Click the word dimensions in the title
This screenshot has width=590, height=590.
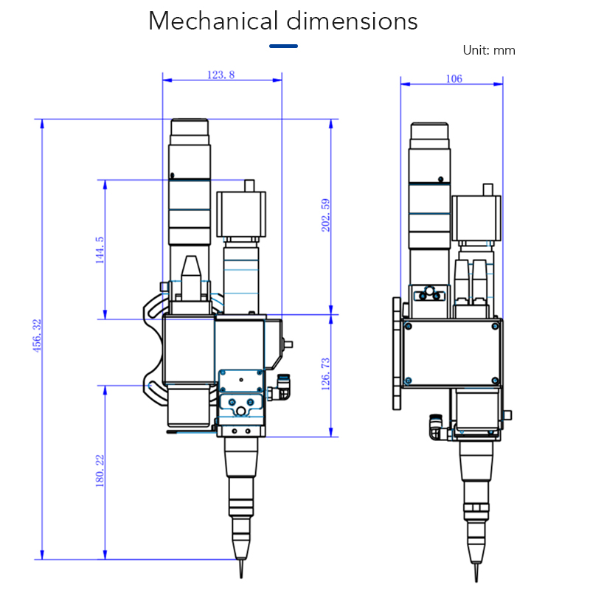click(352, 21)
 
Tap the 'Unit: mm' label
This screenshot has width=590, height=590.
click(488, 51)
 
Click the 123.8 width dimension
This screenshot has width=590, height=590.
click(221, 74)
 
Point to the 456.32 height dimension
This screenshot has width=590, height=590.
click(37, 335)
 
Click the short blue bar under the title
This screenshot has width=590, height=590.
click(283, 46)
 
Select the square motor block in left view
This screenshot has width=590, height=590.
click(241, 214)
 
